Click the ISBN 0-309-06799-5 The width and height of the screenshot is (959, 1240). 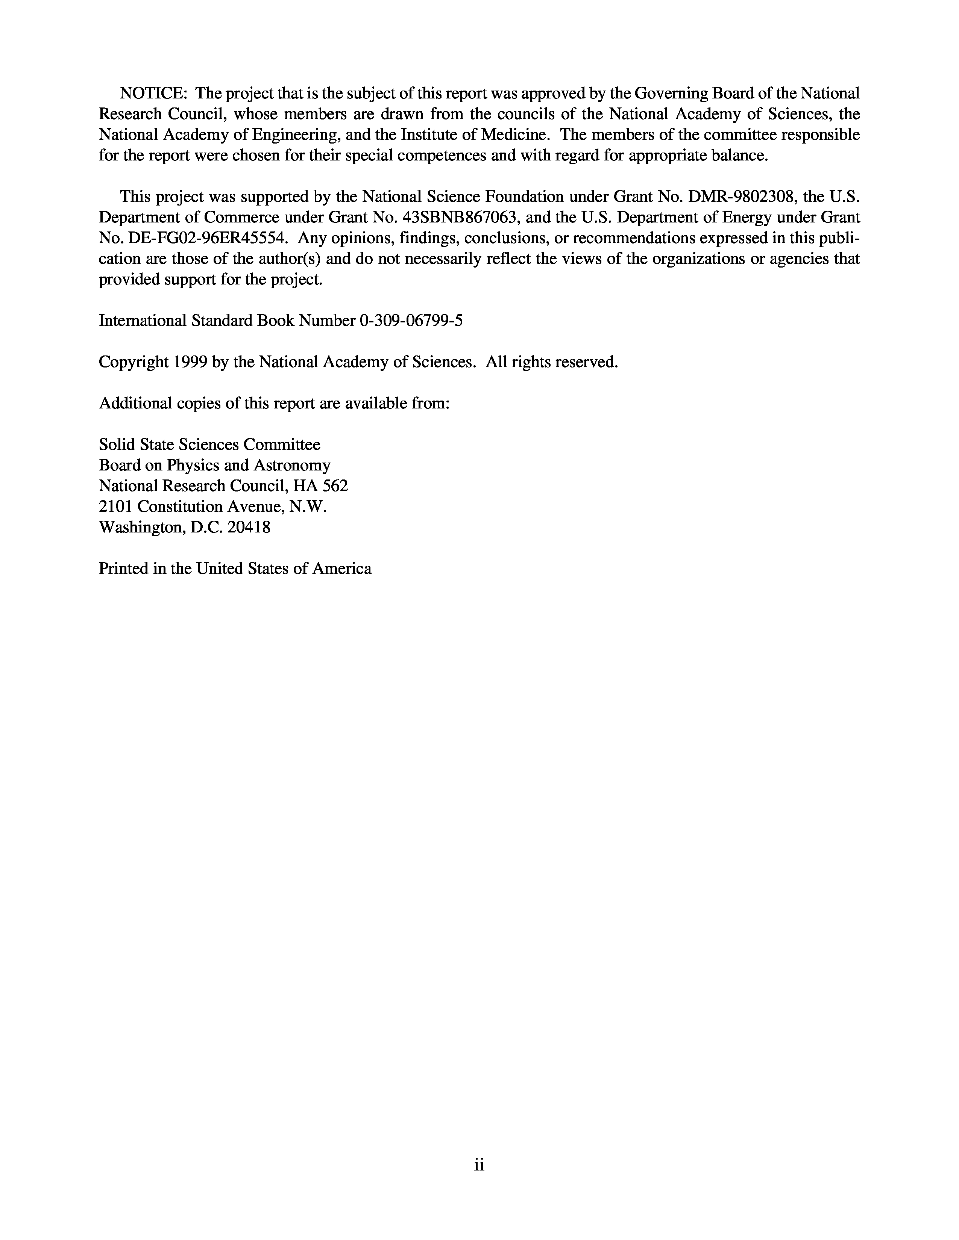pyautogui.click(x=411, y=321)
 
